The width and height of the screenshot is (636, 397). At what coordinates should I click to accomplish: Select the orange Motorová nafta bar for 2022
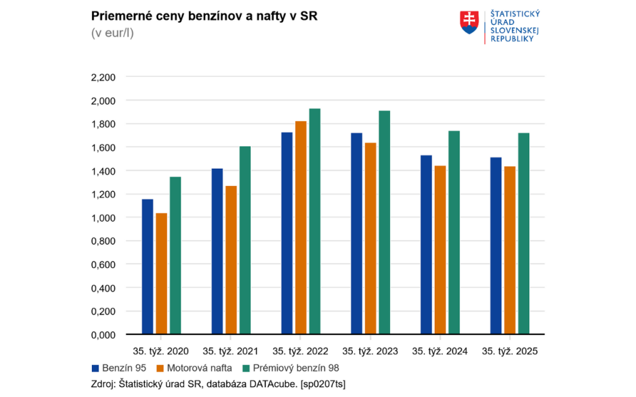pos(301,228)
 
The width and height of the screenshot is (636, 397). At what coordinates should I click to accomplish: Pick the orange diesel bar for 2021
pos(231,260)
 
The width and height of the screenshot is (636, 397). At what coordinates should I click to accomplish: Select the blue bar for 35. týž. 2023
pos(356,234)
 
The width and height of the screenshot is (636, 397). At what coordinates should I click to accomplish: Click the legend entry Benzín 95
pos(119,368)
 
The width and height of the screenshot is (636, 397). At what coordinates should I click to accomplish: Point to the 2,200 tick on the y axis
pos(103,78)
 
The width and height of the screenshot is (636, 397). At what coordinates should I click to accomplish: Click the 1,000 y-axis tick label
pos(103,218)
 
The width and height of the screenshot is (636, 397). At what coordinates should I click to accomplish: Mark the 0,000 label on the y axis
pos(103,335)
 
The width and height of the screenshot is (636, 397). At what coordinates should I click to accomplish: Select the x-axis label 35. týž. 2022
pos(301,351)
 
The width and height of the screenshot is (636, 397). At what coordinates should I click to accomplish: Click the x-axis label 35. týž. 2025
pos(510,351)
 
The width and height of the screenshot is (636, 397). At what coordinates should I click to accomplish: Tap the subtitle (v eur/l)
pos(112,33)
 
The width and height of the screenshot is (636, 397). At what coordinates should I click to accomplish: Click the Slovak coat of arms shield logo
pos(469,22)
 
